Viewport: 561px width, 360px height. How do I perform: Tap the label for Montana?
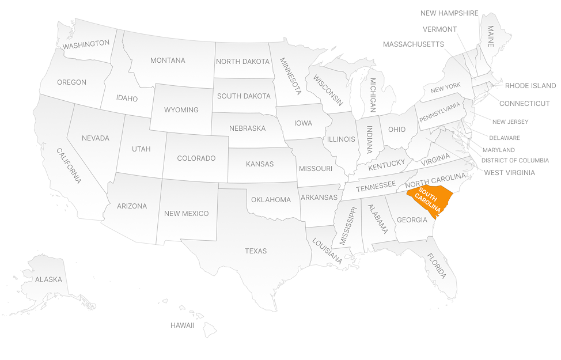click(168, 60)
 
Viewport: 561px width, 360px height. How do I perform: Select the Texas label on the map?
click(256, 251)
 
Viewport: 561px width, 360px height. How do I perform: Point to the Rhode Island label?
click(530, 86)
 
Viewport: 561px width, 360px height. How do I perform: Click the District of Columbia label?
click(515, 161)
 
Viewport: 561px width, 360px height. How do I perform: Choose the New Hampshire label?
click(449, 13)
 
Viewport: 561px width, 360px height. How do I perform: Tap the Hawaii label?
click(182, 325)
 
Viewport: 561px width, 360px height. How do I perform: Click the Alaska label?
click(48, 280)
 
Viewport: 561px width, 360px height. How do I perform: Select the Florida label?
click(437, 266)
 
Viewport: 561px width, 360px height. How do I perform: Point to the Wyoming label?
click(181, 110)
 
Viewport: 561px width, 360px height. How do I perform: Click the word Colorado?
click(196, 158)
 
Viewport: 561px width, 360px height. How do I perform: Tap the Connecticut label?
click(524, 104)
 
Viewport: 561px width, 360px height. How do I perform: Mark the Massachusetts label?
click(413, 44)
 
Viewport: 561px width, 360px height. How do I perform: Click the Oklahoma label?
click(271, 200)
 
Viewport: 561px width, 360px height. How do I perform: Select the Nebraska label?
click(247, 128)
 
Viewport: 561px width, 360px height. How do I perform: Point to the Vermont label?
click(439, 29)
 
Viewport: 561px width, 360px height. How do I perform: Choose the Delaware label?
click(504, 138)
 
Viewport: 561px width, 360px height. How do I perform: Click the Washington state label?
click(86, 44)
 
